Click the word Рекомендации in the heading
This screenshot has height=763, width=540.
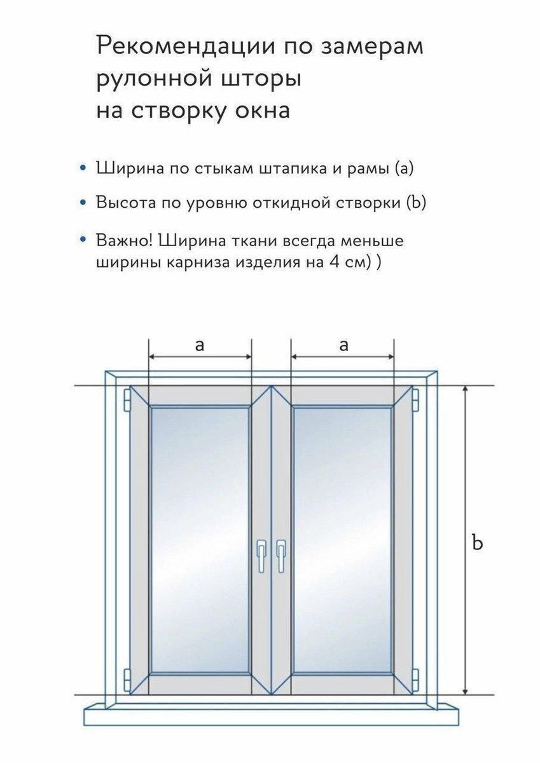pyautogui.click(x=186, y=46)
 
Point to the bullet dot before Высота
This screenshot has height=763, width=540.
pyautogui.click(x=82, y=202)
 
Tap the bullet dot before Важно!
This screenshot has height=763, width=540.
pyautogui.click(x=82, y=240)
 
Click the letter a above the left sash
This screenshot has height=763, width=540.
pyautogui.click(x=200, y=345)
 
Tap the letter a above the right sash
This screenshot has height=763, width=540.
pyautogui.click(x=344, y=345)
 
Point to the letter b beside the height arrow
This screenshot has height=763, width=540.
pyautogui.click(x=478, y=542)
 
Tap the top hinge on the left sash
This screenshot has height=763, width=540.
pyautogui.click(x=127, y=399)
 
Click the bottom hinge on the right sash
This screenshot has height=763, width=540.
pyautogui.click(x=415, y=678)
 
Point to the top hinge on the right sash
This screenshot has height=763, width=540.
pyautogui.click(x=415, y=399)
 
